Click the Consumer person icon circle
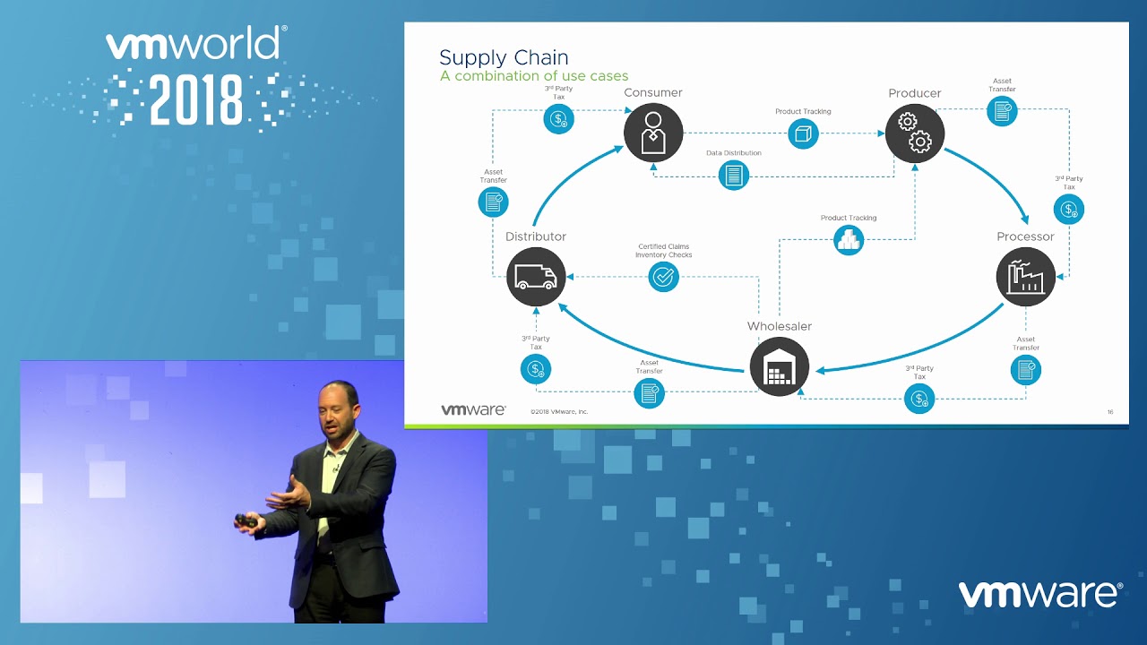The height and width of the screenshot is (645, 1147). point(653,133)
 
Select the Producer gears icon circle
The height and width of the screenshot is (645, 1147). point(915,133)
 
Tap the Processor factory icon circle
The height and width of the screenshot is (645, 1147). point(1026,277)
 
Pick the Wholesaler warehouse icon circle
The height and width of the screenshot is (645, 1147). point(779,367)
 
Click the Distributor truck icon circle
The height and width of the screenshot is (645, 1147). point(536,277)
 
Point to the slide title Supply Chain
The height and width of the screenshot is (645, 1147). point(504,57)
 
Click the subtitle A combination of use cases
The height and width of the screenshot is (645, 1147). point(534,76)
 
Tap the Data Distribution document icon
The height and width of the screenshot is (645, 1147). point(734,175)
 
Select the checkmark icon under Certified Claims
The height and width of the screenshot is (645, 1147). point(663,276)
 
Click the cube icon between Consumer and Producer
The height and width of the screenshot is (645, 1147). point(803,134)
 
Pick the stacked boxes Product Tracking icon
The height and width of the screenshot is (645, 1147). point(849,239)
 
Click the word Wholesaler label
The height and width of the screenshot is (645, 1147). point(779,326)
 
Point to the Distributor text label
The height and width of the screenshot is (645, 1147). point(536,236)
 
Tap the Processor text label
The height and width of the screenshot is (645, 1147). point(1025,236)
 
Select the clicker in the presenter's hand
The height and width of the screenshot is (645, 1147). point(246,520)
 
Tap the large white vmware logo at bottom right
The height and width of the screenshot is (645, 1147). point(1039,594)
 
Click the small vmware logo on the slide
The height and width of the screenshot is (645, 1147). point(473,409)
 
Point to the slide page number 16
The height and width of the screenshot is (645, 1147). point(1110,412)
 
